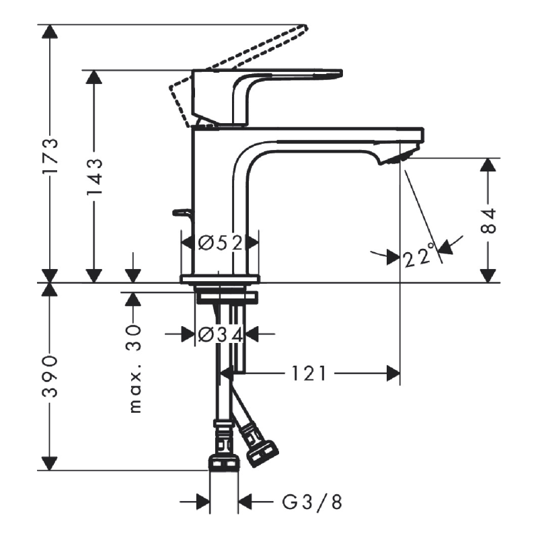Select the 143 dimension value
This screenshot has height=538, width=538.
93,176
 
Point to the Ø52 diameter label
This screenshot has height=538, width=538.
221,242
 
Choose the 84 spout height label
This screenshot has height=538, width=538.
490,221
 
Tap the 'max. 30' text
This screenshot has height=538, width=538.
134,367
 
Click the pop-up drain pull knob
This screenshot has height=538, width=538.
180,213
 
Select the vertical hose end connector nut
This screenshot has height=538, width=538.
224,461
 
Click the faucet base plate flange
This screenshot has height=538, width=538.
220,278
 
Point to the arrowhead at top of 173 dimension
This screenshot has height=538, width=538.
49,32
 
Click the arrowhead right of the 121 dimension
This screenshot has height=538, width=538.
393,373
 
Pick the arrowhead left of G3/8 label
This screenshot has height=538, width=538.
202,502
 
